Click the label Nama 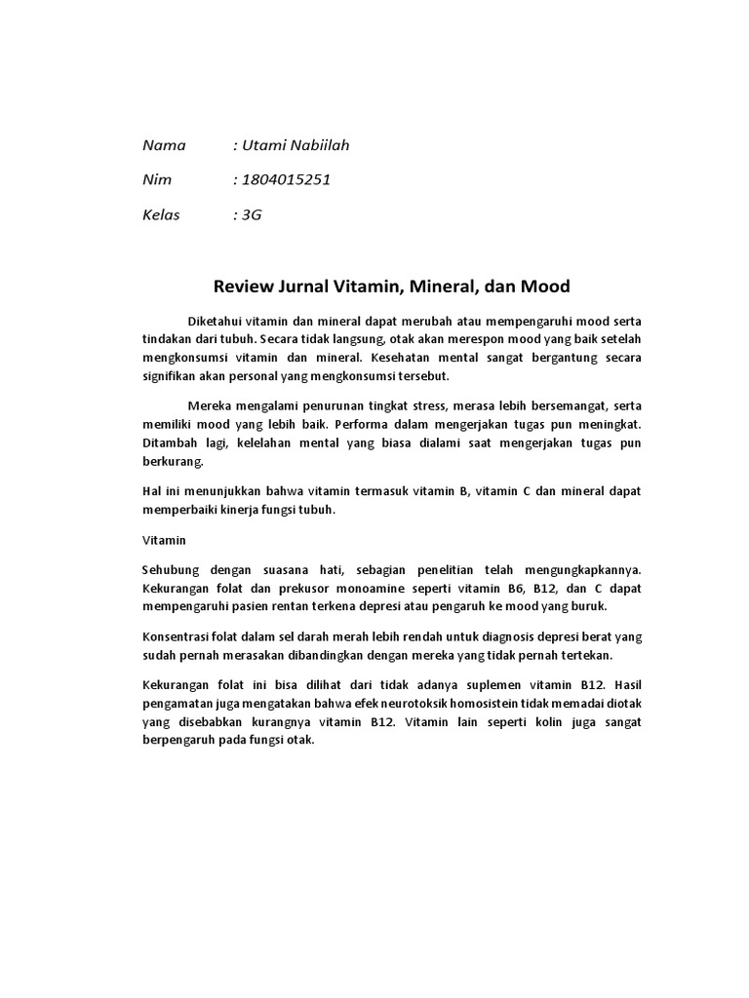(x=164, y=146)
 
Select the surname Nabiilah (x=316, y=146)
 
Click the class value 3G (x=252, y=215)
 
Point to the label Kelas (x=162, y=215)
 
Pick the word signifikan (x=172, y=376)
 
